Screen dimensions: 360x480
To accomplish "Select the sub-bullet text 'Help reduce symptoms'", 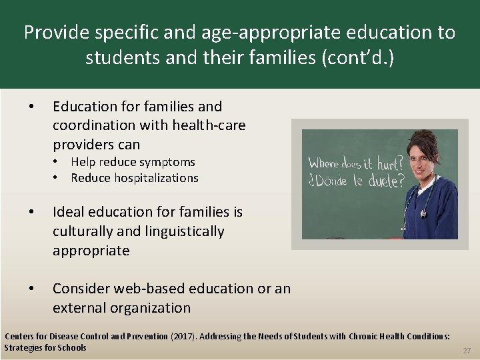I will click(133, 162).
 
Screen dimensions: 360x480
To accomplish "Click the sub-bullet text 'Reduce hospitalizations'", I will click(134, 178).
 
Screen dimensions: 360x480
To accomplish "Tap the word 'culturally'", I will click(83, 231).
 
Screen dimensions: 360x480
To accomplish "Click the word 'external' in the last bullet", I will click(78, 307).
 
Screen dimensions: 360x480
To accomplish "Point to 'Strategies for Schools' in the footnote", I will click(45, 347).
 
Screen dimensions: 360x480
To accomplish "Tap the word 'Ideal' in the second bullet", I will click(69, 212).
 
